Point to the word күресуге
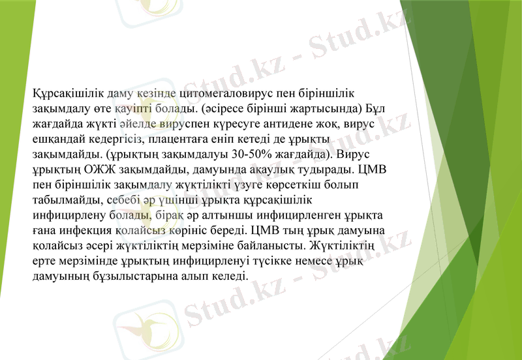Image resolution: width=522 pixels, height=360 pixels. (x=221, y=124)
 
